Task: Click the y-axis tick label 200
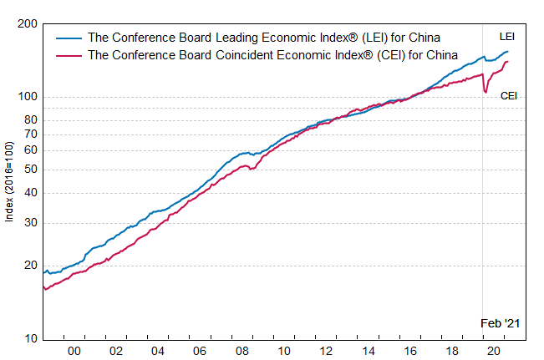(x=27, y=24)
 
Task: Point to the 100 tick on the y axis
(x=27, y=97)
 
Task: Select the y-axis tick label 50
(x=30, y=170)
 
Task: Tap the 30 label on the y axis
(x=30, y=223)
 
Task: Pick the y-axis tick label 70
(x=30, y=134)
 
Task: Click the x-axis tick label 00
(x=74, y=352)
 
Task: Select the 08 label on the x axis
(x=242, y=352)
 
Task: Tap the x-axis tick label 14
(x=369, y=352)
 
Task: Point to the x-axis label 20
(x=494, y=352)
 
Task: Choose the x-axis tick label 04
(x=158, y=352)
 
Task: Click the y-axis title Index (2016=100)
(x=10, y=181)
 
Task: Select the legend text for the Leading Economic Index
(x=264, y=38)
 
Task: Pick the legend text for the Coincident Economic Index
(x=272, y=55)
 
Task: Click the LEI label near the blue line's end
(x=507, y=37)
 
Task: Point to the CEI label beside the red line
(x=509, y=96)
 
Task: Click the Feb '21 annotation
(x=500, y=323)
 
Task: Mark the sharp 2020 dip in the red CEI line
(x=486, y=92)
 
